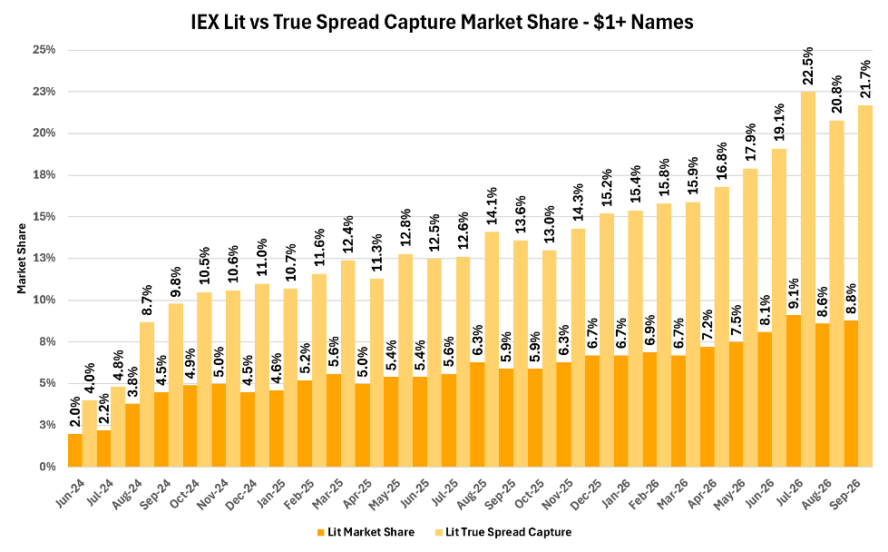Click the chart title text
442,22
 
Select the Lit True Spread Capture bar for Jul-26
808,279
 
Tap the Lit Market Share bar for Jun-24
75,450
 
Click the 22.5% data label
808,65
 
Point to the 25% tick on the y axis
44,50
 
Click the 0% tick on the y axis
47,467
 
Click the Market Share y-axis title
22,259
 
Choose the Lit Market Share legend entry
366,532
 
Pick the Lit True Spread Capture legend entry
503,532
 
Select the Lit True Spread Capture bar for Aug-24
147,394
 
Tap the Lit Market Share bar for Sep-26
851,394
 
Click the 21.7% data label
866,79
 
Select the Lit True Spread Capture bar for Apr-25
377,373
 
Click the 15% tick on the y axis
44,216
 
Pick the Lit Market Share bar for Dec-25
592,411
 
